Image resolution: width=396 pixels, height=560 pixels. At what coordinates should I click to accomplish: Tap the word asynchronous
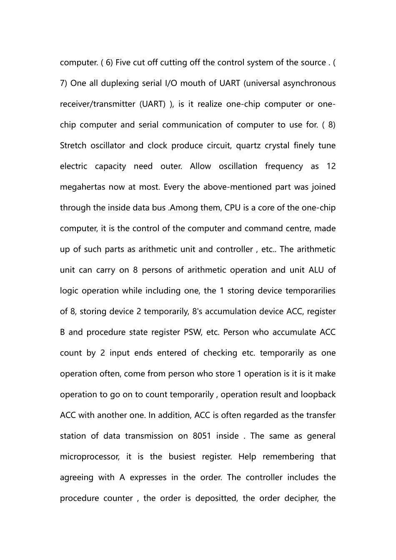point(309,83)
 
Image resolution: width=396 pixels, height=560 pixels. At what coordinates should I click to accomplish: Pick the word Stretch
point(73,146)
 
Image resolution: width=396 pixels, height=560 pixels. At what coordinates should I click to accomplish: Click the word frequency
point(284,166)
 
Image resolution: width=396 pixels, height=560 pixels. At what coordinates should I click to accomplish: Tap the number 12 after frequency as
point(331,166)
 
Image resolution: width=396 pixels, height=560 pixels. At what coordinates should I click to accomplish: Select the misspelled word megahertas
point(83,187)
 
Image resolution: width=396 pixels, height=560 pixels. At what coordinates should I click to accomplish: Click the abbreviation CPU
point(233,208)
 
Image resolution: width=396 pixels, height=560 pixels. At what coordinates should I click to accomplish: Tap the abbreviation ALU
point(316,270)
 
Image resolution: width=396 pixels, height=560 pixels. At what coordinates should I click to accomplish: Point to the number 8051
point(202,436)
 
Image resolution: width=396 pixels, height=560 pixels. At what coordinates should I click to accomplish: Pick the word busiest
point(182,457)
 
